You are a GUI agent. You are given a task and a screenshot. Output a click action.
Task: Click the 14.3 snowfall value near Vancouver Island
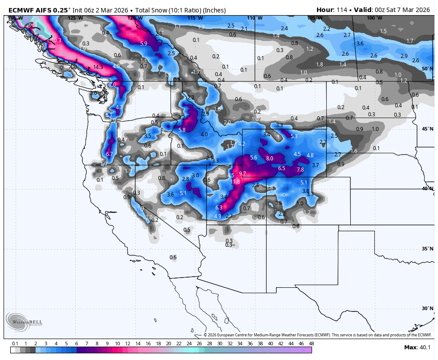(98, 67)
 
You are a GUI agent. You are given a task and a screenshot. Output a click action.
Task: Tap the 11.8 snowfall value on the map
(235, 181)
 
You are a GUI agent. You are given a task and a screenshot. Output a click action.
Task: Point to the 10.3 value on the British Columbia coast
(56, 40)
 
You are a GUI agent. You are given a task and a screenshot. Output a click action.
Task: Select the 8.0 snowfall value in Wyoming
(269, 158)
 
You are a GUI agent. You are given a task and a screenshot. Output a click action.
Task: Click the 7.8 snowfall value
(300, 170)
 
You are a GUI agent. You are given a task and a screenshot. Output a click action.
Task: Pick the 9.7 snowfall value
(243, 173)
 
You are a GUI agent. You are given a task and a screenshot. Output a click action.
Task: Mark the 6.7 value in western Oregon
(109, 154)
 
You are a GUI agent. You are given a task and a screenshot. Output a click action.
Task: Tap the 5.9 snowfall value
(143, 43)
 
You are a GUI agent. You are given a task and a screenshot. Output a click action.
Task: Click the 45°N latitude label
(427, 129)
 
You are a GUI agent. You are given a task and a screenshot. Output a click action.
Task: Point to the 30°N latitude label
(427, 308)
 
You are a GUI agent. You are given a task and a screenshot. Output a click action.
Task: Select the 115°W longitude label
(195, 18)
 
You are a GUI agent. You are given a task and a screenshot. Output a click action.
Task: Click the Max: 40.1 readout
(417, 347)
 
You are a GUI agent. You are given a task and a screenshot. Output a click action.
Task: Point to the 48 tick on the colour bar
(311, 344)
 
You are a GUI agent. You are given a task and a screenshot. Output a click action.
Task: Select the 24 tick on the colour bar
(189, 344)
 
